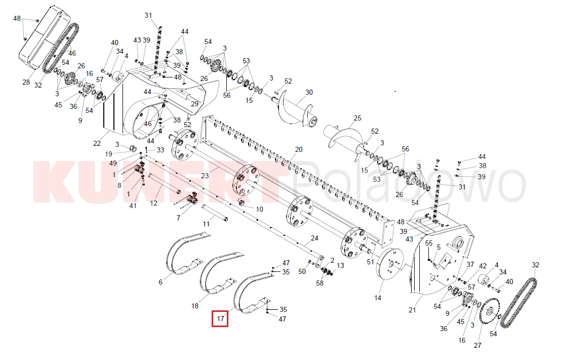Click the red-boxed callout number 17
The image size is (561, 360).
220,319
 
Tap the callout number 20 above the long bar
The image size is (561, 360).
299,149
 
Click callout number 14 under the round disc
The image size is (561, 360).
378,298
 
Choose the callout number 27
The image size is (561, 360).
477,345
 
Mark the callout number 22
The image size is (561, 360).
97,143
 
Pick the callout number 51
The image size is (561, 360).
370,262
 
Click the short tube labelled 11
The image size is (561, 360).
215,212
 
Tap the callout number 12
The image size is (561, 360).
154,203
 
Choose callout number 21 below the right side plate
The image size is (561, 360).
412,310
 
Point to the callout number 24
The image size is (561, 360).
314,238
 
